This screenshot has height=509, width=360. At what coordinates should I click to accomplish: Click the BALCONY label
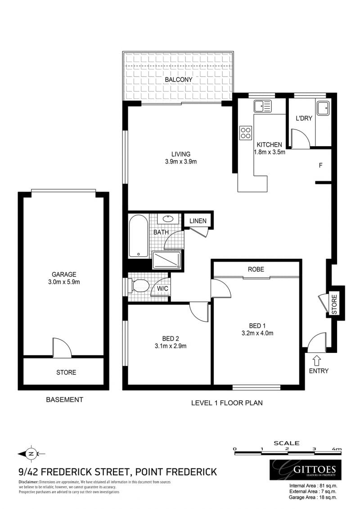click(x=178, y=80)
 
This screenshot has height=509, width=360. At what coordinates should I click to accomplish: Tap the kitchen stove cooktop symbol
click(x=246, y=132)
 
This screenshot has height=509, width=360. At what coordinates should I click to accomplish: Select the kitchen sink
click(x=262, y=107)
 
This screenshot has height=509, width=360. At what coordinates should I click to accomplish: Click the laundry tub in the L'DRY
click(x=323, y=108)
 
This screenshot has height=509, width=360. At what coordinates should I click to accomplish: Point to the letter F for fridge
click(x=321, y=165)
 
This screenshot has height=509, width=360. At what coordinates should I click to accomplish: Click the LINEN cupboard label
click(x=198, y=221)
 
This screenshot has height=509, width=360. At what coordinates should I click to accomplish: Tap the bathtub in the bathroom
click(x=139, y=236)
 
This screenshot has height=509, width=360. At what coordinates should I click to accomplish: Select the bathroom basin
click(x=167, y=219)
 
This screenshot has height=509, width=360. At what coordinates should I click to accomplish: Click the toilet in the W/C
click(x=140, y=285)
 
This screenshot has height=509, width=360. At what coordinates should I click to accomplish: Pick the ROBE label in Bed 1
click(x=256, y=269)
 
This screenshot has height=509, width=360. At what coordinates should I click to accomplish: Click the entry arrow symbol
click(x=316, y=360)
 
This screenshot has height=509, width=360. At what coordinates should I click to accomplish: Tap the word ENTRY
click(x=319, y=371)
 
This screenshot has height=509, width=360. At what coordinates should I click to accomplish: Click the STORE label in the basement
click(x=66, y=372)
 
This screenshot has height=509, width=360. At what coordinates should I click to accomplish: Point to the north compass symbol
click(x=31, y=453)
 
